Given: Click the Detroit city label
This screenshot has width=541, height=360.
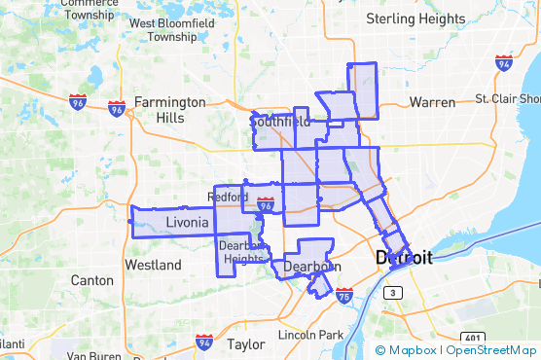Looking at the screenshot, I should pos(404,259).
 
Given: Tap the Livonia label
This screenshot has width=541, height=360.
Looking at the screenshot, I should pos(187,223).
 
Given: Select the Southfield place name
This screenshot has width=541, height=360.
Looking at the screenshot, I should pos(280,123).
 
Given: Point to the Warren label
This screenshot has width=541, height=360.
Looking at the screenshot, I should pos(432,101).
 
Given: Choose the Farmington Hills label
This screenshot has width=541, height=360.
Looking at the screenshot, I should pos(169,109).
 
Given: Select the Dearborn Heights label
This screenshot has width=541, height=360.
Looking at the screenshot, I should pos(242,252).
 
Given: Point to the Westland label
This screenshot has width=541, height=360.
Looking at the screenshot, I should pos(153,265).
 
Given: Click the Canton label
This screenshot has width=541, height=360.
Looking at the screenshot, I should pos(92,280).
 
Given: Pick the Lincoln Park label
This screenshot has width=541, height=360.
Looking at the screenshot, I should pos(309,335).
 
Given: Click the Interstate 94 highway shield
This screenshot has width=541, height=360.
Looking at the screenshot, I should pos(204,342).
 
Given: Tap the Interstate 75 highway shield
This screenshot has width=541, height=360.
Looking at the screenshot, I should pos(344,296).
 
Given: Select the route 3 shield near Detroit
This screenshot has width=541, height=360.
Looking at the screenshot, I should pos(391,292).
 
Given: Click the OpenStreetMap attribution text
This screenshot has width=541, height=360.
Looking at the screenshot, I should pos(491,350).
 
